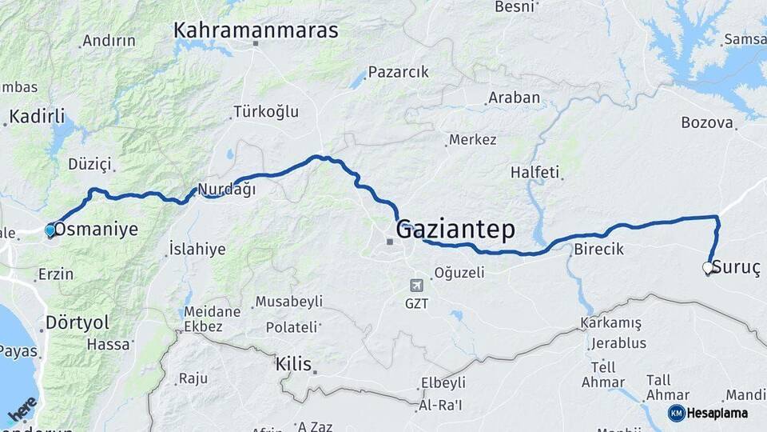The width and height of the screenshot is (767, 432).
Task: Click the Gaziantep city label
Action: [x=455, y=230]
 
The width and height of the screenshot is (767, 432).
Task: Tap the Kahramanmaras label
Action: [x=256, y=31]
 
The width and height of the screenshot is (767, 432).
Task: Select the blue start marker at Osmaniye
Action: [x=50, y=230]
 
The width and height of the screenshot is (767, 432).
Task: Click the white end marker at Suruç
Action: [x=707, y=268]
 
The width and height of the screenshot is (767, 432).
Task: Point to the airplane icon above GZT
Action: [x=416, y=286]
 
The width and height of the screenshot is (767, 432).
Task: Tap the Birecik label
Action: [x=598, y=250]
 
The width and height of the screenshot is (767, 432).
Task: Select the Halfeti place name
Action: [x=535, y=173]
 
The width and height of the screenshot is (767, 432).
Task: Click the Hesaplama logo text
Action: [x=717, y=413]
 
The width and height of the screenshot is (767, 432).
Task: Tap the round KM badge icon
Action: [x=677, y=413]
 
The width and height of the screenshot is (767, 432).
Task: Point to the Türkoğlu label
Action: [x=265, y=112]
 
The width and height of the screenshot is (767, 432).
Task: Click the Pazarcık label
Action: [x=399, y=72]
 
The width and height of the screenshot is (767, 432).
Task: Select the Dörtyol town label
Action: [x=77, y=322]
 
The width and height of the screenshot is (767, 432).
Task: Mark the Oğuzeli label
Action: [x=459, y=273]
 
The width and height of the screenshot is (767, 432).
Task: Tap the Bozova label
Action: [x=707, y=123]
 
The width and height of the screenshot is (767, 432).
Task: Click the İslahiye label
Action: [x=197, y=249]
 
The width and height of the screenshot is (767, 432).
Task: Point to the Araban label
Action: [x=514, y=98]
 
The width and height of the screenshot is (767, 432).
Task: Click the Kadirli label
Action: [x=37, y=117]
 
